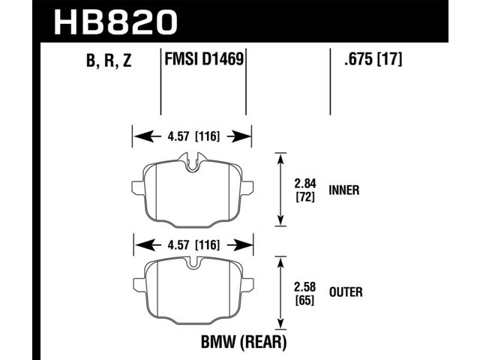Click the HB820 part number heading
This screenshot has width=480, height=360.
coord(115,22)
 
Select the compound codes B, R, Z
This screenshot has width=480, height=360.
coord(109,60)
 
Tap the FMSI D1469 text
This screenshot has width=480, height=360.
coord(204,58)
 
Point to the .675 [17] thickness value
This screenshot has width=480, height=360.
coord(373,58)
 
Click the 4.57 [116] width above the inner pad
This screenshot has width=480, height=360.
coord(193,136)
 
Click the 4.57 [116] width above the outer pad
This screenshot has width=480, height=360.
coord(193,245)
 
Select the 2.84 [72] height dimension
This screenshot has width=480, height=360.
coord(305,190)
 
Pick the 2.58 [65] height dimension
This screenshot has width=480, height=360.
coord(305,293)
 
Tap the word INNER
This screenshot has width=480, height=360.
coord(344,190)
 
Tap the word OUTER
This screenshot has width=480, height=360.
coord(346,292)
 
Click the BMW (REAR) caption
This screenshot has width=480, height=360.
coord(244,342)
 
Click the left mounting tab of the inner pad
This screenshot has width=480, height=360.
coord(138,187)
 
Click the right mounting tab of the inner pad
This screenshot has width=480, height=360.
coord(247,187)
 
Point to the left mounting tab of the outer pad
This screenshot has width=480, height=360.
coord(140,284)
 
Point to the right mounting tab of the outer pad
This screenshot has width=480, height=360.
coord(247,284)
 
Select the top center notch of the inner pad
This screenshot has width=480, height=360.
coord(192,162)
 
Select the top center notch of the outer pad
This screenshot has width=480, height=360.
coord(193,263)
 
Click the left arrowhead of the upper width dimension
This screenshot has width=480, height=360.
coord(144,136)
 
